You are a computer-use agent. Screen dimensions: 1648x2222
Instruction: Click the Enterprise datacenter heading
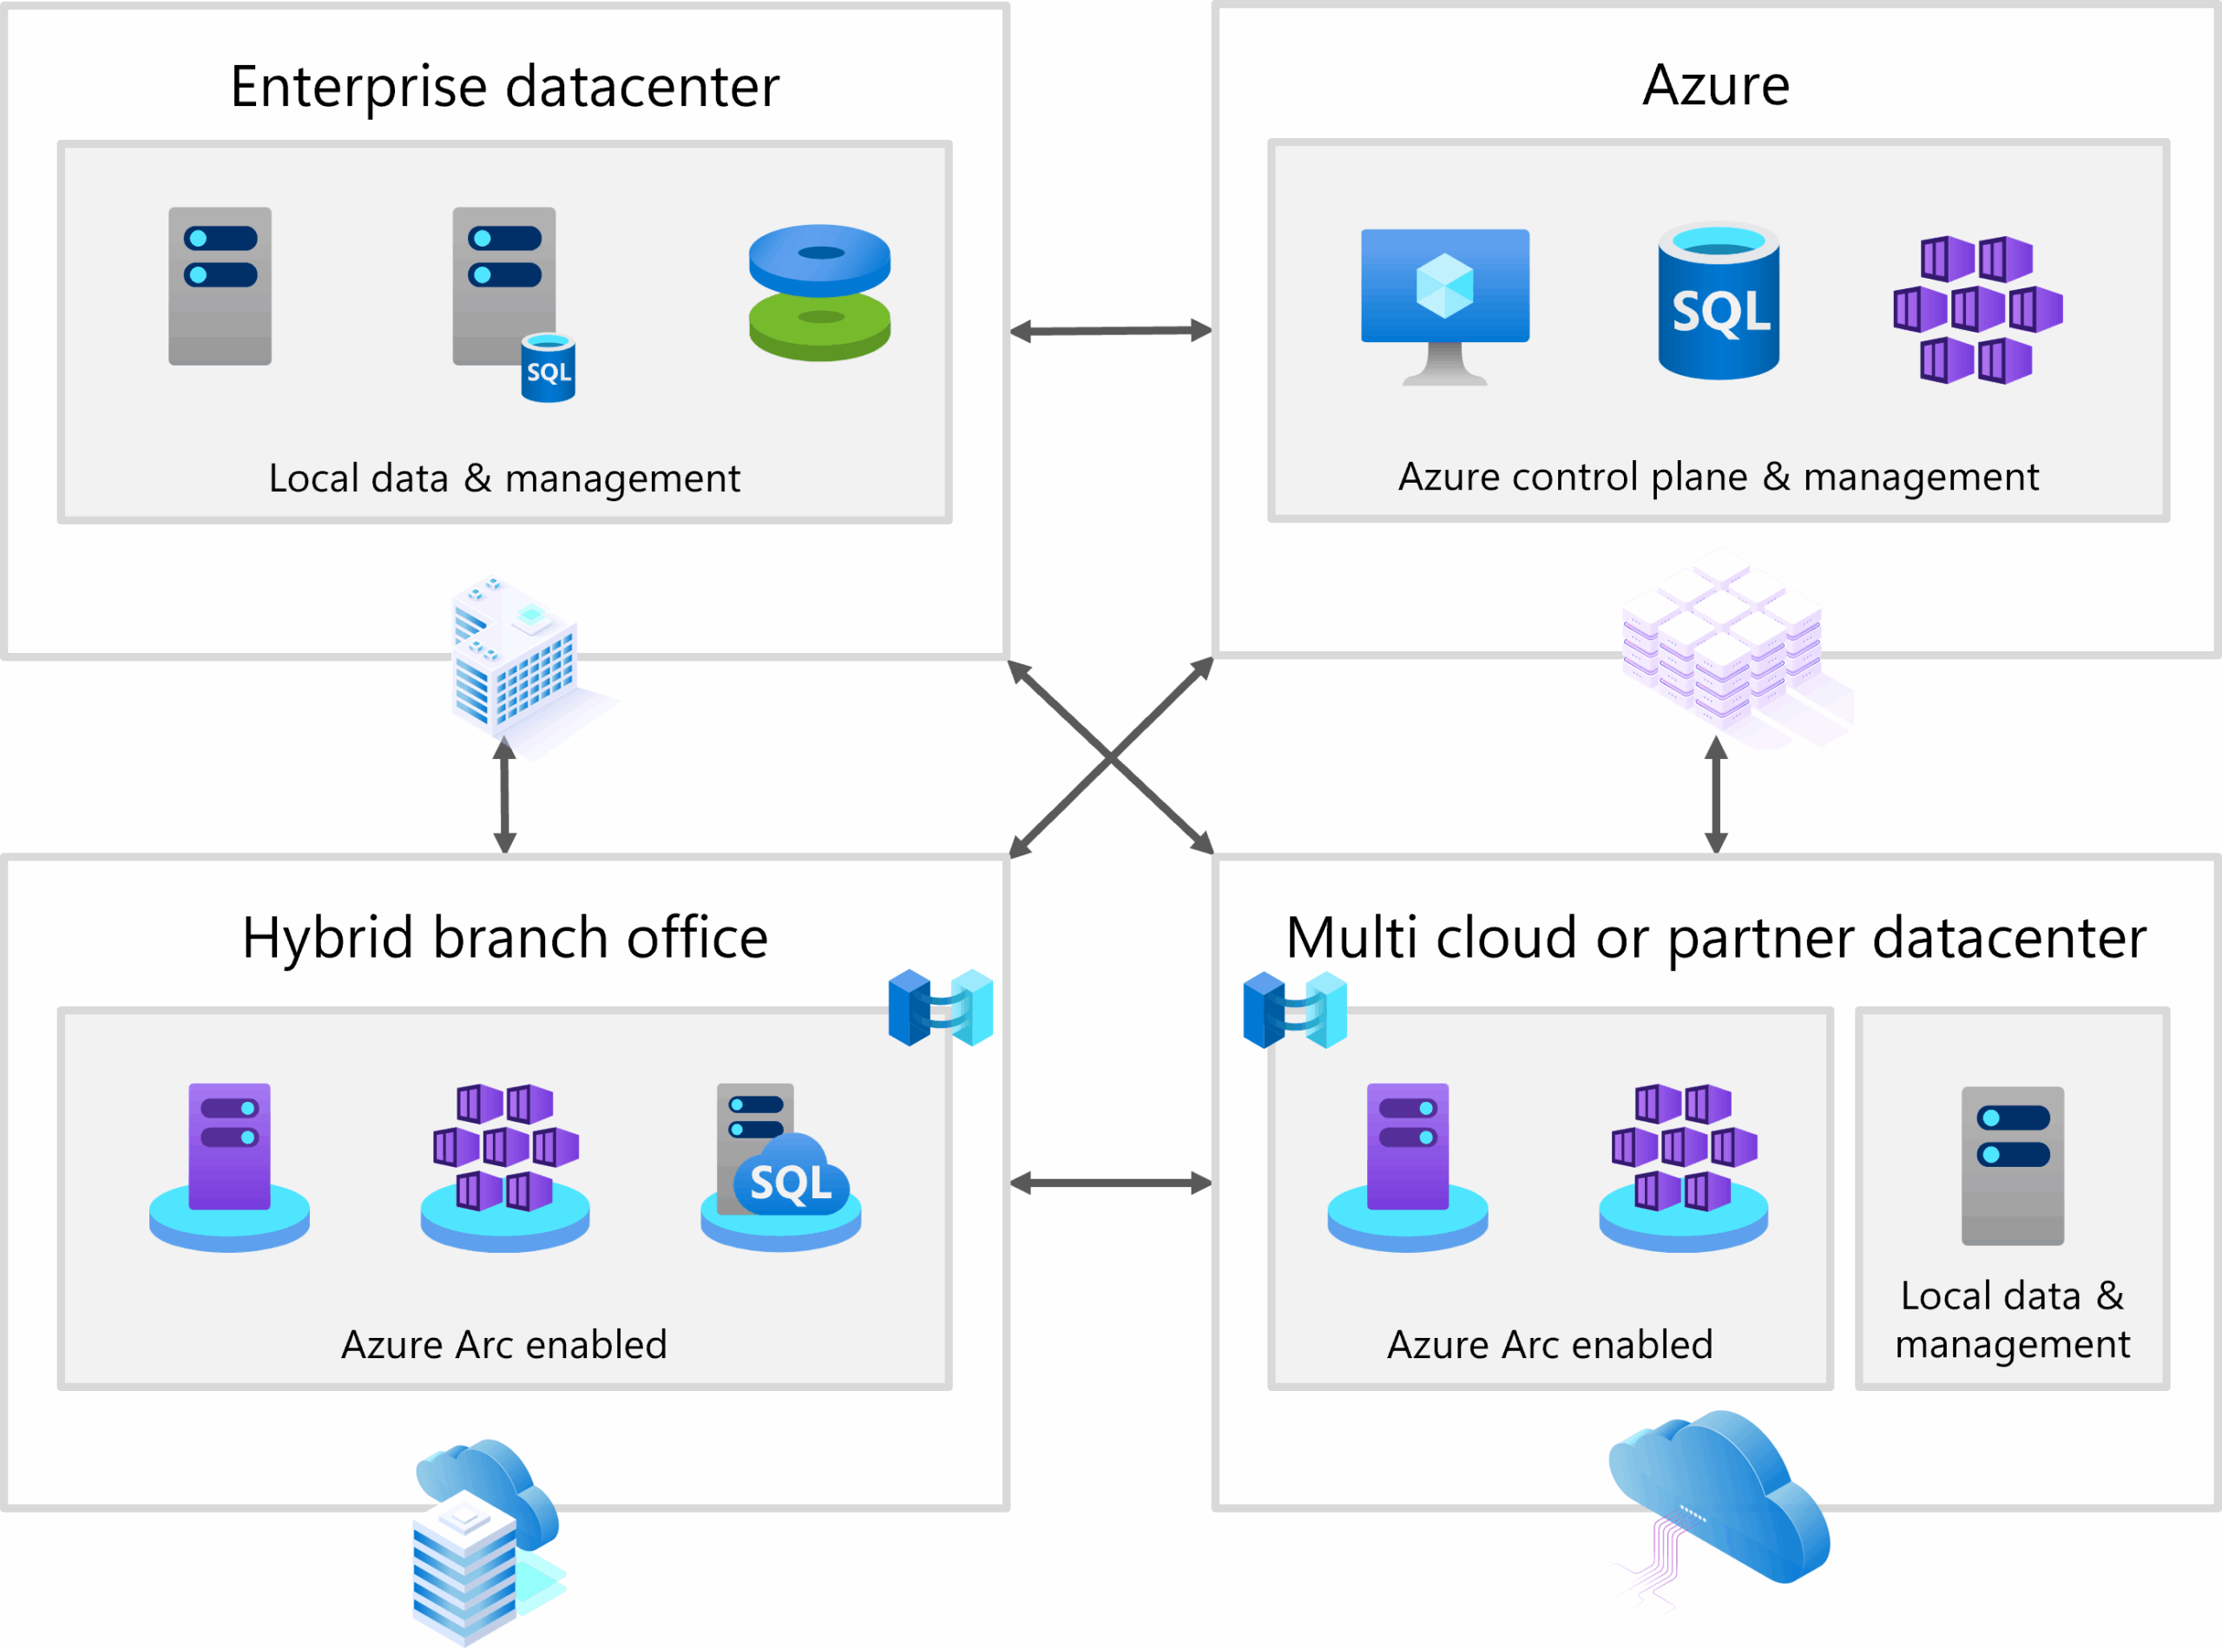coord(504,87)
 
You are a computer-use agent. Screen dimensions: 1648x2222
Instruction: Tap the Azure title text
coord(1715,86)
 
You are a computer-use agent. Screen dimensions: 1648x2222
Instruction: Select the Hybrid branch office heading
coord(504,938)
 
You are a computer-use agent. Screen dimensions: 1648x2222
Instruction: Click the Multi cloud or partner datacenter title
coord(1715,938)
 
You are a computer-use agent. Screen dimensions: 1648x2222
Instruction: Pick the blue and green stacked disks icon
coord(819,293)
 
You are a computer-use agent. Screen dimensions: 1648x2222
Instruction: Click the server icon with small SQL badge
coord(510,300)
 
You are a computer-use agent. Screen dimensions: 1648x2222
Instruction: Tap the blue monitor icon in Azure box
coord(1444,304)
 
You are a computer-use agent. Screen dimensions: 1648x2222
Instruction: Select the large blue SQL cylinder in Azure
coord(1719,301)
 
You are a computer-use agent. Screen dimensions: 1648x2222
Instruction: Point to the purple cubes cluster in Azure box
coord(1977,309)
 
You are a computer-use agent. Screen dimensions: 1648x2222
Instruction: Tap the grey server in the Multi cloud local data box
coord(2013,1165)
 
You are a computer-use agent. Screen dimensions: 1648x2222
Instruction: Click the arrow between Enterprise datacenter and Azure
coord(1110,330)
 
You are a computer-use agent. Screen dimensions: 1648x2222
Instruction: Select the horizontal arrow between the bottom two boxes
coord(1110,1183)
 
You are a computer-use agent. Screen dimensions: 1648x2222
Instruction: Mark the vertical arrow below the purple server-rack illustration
coord(1715,795)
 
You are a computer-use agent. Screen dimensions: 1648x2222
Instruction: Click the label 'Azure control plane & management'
coord(1718,477)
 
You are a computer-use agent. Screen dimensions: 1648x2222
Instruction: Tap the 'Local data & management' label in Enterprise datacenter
coord(504,478)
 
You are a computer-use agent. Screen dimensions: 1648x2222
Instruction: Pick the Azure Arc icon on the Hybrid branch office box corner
coord(941,1007)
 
